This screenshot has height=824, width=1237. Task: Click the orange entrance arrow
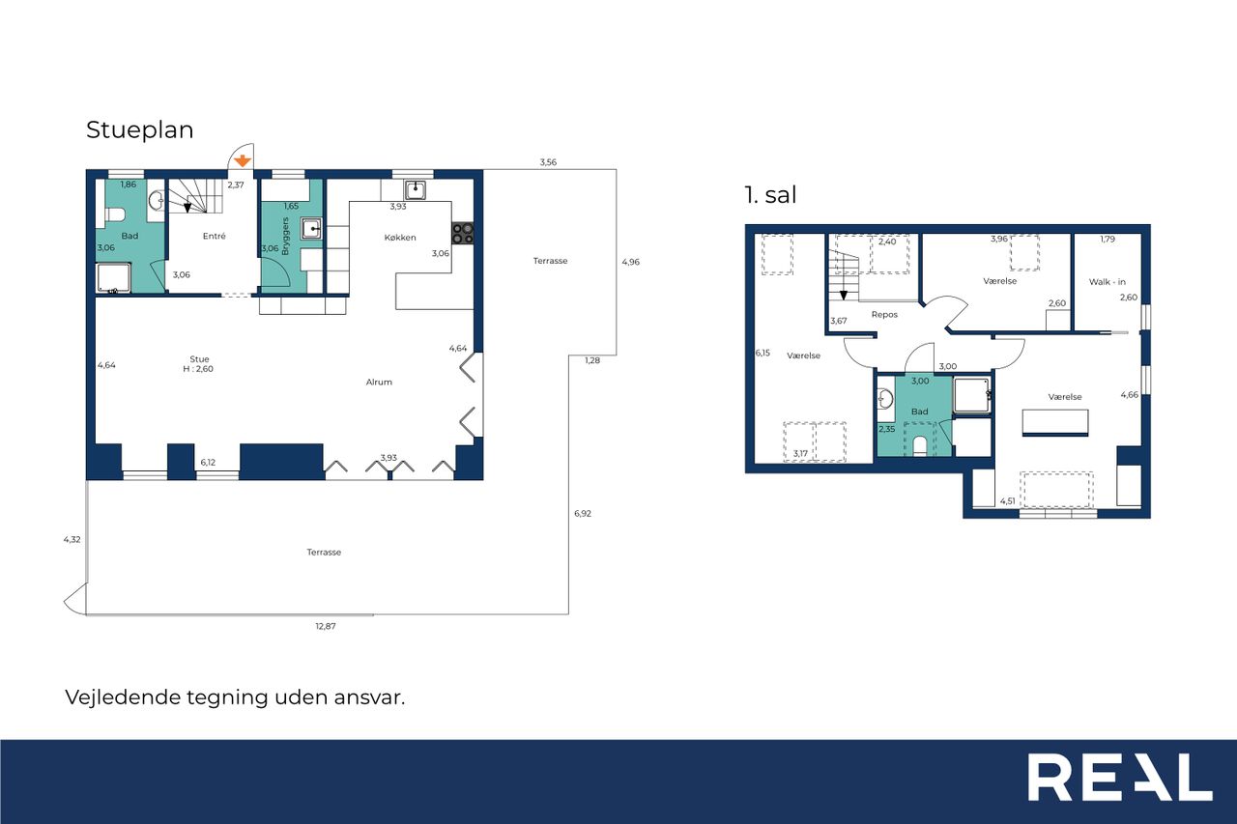(x=243, y=160)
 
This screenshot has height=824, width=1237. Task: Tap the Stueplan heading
(x=140, y=130)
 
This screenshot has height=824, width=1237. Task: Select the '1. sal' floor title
(x=770, y=195)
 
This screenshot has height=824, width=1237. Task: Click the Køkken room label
(x=400, y=238)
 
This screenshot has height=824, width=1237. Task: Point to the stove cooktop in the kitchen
(x=462, y=233)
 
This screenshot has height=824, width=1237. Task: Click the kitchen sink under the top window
(x=415, y=190)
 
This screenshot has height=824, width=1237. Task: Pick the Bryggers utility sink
(x=311, y=228)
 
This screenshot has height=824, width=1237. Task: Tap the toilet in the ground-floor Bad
(x=114, y=214)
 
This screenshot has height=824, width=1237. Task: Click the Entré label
(x=215, y=236)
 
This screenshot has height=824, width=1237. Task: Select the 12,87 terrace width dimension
(x=326, y=626)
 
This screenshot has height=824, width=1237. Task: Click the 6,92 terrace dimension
(x=583, y=513)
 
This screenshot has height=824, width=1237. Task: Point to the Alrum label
(x=379, y=382)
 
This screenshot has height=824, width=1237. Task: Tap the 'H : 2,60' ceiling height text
(x=198, y=369)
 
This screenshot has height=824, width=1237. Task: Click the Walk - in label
(x=1108, y=281)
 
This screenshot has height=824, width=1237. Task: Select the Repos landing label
(x=884, y=315)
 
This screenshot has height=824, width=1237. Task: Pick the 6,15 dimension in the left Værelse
(x=762, y=353)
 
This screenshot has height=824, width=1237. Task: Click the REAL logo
(x=1120, y=778)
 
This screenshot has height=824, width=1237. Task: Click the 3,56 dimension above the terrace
(x=548, y=162)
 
